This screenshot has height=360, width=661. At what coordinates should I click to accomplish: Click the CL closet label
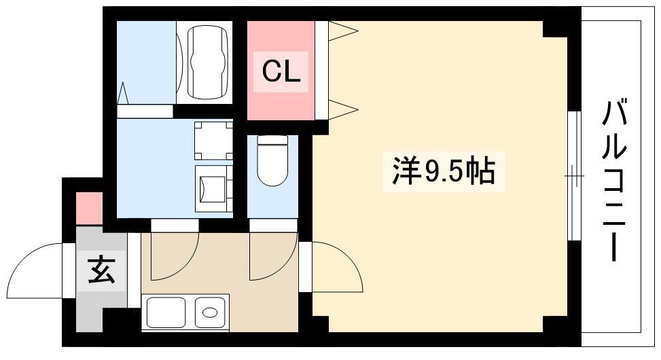pyautogui.click(x=281, y=72)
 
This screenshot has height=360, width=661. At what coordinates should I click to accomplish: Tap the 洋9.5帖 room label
pyautogui.click(x=444, y=171)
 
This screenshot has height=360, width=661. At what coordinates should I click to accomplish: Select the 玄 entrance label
pyautogui.click(x=102, y=270)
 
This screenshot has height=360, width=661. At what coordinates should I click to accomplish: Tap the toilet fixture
pyautogui.click(x=272, y=160)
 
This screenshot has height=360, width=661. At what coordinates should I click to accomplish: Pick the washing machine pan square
pyautogui.click(x=213, y=141)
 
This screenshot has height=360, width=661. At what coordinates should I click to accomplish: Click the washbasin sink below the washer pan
pyautogui.click(x=213, y=189)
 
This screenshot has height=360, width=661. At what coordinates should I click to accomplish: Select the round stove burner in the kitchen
pyautogui.click(x=210, y=312)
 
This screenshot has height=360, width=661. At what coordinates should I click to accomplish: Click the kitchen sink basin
pyautogui.click(x=166, y=312)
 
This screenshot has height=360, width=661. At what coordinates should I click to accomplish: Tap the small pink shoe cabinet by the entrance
pyautogui.click(x=90, y=209)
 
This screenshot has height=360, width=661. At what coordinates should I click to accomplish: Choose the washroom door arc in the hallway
pyautogui.click(x=185, y=266)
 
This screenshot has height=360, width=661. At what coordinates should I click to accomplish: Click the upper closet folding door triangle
pyautogui.click(x=342, y=31)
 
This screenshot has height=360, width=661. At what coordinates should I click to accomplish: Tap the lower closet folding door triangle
pyautogui.click(x=342, y=109)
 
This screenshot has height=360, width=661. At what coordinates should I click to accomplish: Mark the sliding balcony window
pyautogui.click(x=574, y=176)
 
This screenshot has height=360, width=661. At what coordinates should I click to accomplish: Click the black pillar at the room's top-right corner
pyautogui.click(x=555, y=29)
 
